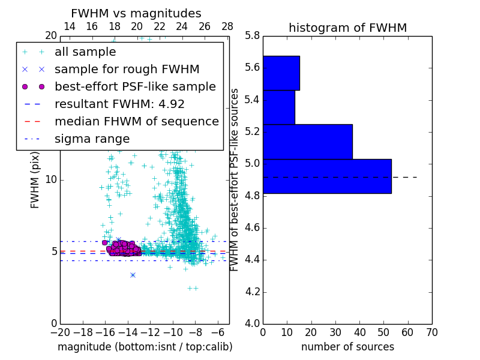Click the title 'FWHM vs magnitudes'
(x=136, y=13)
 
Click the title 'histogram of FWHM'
(x=347, y=28)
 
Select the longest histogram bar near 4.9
(x=327, y=176)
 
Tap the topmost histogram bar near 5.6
(x=281, y=73)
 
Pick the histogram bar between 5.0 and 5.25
(x=307, y=142)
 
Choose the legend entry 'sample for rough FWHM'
(x=127, y=69)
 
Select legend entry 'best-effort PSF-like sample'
(x=135, y=86)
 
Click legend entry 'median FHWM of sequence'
(x=136, y=121)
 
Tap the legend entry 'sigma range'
(x=92, y=139)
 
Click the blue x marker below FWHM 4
(x=133, y=275)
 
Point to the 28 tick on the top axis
(x=227, y=26)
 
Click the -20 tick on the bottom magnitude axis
(x=60, y=332)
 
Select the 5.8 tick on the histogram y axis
(x=252, y=35)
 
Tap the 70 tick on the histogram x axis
(x=431, y=332)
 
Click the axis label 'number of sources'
(x=347, y=347)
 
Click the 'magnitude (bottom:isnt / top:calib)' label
(x=145, y=347)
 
